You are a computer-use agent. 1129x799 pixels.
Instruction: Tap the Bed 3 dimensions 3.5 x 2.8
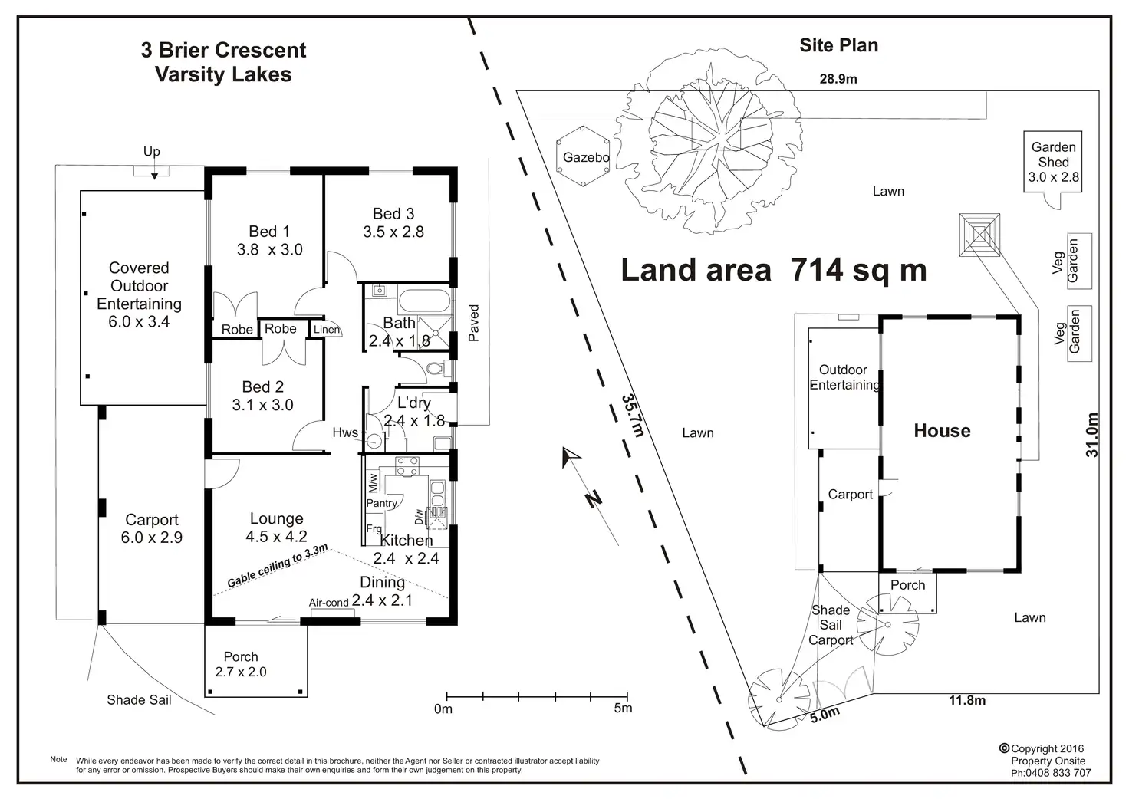pyautogui.click(x=393, y=232)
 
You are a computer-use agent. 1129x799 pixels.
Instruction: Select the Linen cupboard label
pyautogui.click(x=327, y=330)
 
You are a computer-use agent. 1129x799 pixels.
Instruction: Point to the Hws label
pyautogui.click(x=345, y=432)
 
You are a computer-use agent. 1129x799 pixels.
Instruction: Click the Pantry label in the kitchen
pyautogui.click(x=381, y=503)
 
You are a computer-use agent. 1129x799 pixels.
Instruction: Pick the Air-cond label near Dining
pyautogui.click(x=329, y=603)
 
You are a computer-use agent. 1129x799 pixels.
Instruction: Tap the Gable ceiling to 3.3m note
pyautogui.click(x=278, y=566)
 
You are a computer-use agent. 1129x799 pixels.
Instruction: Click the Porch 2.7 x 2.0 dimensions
pyautogui.click(x=241, y=672)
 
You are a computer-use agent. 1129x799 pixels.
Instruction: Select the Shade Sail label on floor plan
pyautogui.click(x=139, y=699)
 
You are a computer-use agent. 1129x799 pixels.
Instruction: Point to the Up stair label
pyautogui.click(x=152, y=151)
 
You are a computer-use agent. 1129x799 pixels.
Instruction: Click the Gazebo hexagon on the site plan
pyautogui.click(x=585, y=156)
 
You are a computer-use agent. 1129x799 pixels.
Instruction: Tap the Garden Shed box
pyautogui.click(x=1053, y=162)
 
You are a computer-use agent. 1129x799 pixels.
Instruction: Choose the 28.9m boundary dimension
pyautogui.click(x=838, y=78)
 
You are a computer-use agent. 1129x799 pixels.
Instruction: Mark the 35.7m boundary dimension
pyautogui.click(x=632, y=415)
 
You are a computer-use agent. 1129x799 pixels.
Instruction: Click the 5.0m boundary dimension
pyautogui.click(x=825, y=715)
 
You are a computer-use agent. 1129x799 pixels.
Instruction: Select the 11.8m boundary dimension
pyautogui.click(x=967, y=699)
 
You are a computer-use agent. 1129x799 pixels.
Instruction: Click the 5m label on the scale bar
pyautogui.click(x=623, y=709)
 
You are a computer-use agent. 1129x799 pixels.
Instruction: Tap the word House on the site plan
pyautogui.click(x=942, y=431)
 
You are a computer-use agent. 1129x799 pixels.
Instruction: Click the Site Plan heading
pyautogui.click(x=838, y=45)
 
